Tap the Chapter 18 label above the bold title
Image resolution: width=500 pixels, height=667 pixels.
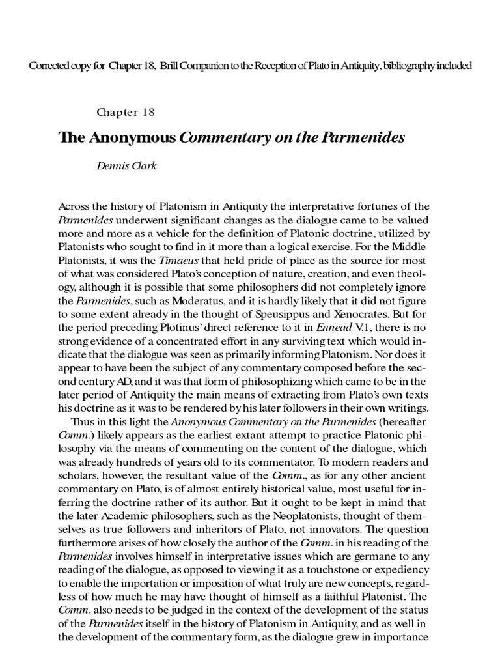click(x=126, y=111)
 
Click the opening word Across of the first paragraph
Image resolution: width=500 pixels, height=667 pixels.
click(x=76, y=206)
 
